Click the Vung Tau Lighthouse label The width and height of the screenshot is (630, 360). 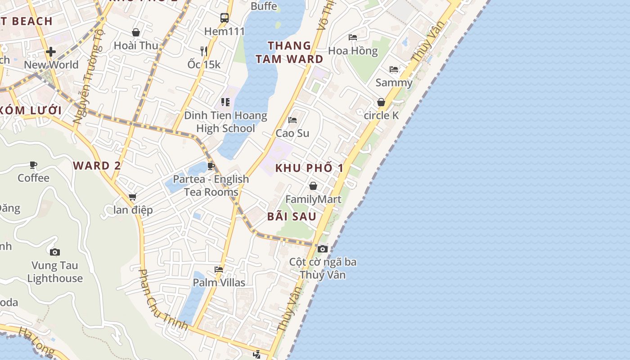pos(55,272)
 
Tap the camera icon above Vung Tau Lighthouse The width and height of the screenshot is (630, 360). pos(55,252)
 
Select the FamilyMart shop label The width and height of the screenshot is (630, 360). pos(313,199)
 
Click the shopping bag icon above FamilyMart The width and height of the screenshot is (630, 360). pos(313,186)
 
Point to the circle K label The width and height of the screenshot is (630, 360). pos(381,115)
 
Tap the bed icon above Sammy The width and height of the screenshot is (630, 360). pos(394,69)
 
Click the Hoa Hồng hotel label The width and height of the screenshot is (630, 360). pos(353,50)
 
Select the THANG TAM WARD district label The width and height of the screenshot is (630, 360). pos(289,52)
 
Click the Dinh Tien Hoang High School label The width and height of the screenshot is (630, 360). pos(225,122)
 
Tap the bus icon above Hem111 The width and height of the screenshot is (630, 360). pos(225,18)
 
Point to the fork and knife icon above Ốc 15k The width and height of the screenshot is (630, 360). pos(204,51)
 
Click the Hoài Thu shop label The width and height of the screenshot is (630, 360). pos(136,45)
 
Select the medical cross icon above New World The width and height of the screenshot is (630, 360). pos(51,52)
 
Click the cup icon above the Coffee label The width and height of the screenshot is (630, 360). pos(33,165)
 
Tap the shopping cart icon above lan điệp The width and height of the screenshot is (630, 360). pos(133,197)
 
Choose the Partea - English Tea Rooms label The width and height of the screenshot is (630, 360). pos(211,185)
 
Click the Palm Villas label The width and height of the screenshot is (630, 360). pos(219,283)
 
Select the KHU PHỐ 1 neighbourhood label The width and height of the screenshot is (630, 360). pos(309,168)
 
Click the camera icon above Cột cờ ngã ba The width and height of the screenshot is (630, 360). pos(322,249)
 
